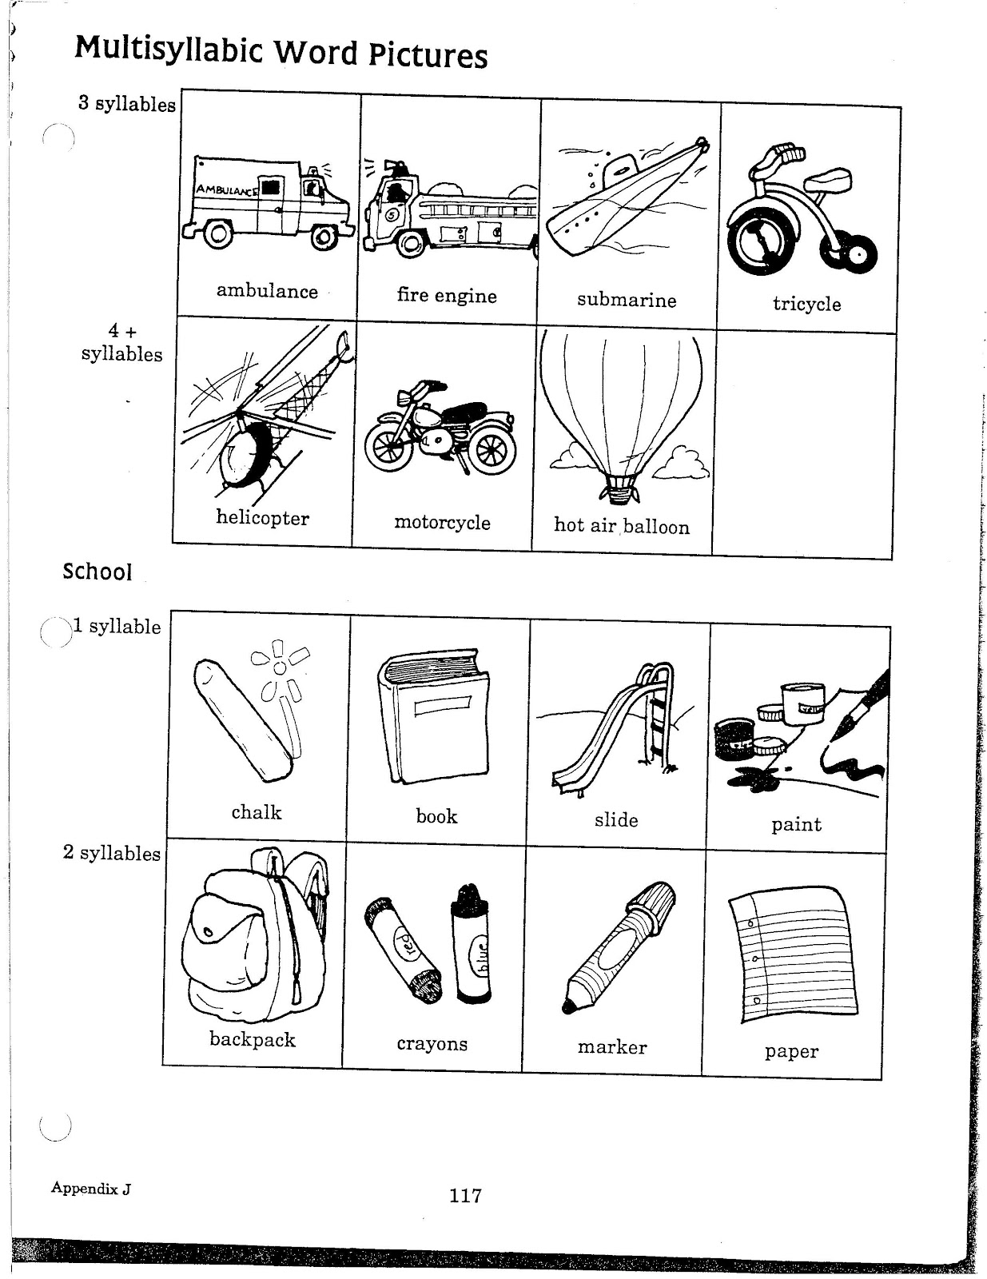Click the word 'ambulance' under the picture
[267, 291]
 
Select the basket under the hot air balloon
[619, 488]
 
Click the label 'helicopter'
[262, 518]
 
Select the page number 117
[465, 1196]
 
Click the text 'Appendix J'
[91, 1188]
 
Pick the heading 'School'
[97, 572]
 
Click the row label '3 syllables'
[126, 104]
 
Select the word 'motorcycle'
[442, 523]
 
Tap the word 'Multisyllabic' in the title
[169, 50]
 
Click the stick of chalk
[245, 719]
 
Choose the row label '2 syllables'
[111, 853]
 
